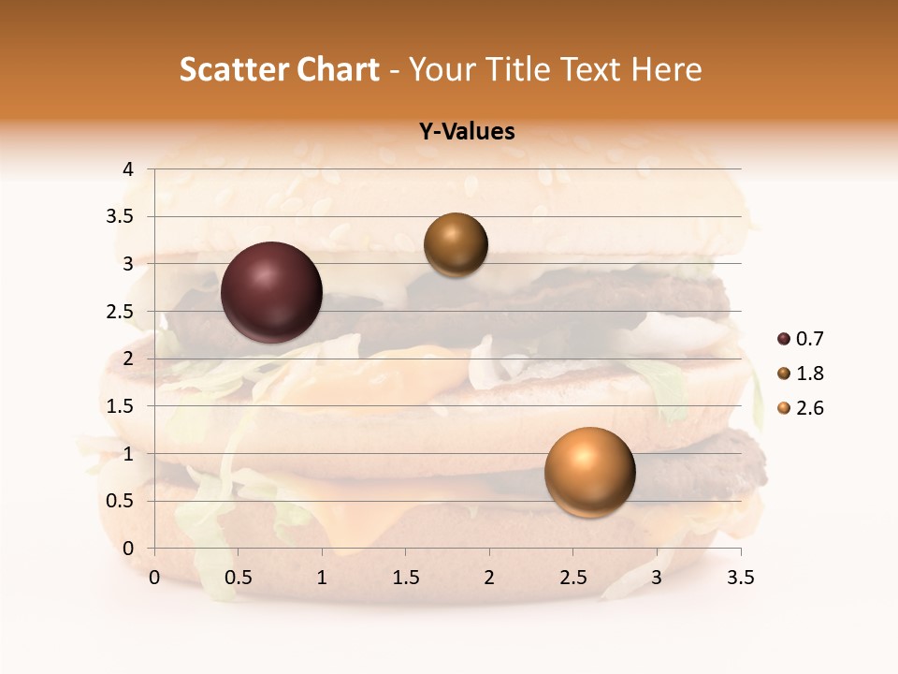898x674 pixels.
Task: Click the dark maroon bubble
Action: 272,292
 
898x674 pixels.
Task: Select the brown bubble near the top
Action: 456,244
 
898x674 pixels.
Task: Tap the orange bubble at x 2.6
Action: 589,472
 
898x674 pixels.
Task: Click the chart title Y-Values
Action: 467,132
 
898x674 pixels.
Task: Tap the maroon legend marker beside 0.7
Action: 783,339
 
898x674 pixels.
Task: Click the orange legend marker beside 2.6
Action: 783,408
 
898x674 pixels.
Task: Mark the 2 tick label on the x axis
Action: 489,578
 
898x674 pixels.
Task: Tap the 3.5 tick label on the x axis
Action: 740,578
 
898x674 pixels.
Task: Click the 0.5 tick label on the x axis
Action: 239,578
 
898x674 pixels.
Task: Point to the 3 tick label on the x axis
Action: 657,578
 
